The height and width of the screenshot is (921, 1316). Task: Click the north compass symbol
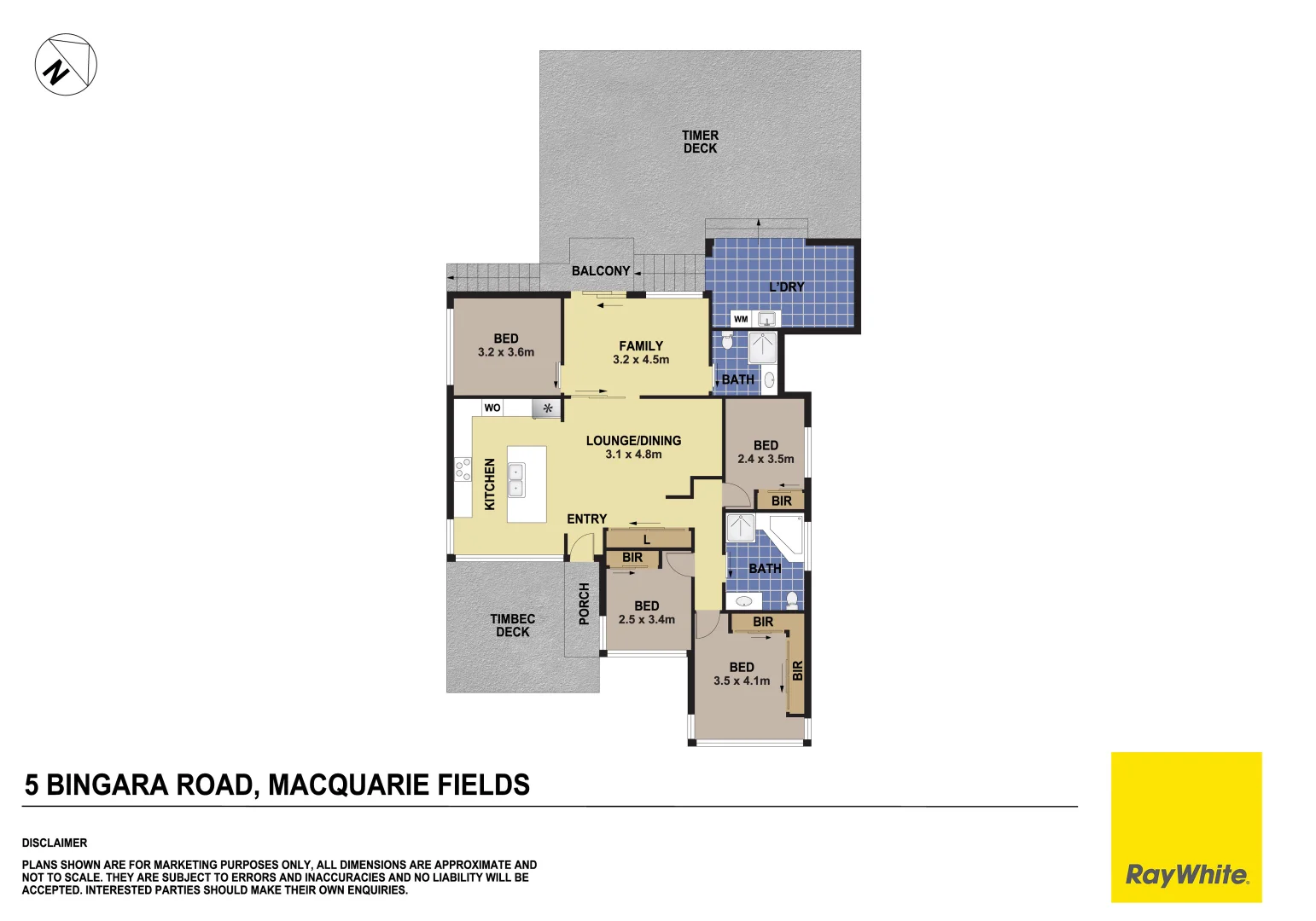pos(66,65)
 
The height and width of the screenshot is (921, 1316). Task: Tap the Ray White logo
pos(1185,874)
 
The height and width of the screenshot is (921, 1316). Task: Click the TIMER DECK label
pos(700,142)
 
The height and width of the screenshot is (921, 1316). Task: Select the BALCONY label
pos(601,271)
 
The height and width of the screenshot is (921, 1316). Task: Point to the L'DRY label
pos(786,287)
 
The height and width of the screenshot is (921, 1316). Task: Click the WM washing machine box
pos(741,319)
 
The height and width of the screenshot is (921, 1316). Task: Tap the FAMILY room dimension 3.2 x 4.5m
pos(641,360)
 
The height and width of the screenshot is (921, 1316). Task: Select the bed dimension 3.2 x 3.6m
pos(506,352)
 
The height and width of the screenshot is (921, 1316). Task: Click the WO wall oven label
pos(492,408)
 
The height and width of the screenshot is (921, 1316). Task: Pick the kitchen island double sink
pos(516,480)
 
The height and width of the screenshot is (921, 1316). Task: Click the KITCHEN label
pos(490,484)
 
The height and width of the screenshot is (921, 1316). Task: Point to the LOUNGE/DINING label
pos(633,441)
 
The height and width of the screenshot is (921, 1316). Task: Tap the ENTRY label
pos(587,518)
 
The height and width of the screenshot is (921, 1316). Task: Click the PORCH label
pos(584,604)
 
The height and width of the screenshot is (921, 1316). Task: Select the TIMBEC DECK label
pos(513,625)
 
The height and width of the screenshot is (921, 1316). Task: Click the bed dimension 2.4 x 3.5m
pos(766,459)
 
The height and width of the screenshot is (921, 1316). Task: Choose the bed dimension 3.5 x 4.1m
pos(742,681)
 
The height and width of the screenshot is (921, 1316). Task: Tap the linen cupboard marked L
pos(647,540)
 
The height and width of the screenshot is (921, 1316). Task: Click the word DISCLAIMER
pos(55,843)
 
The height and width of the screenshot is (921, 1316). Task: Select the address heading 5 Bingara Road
pos(277,785)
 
